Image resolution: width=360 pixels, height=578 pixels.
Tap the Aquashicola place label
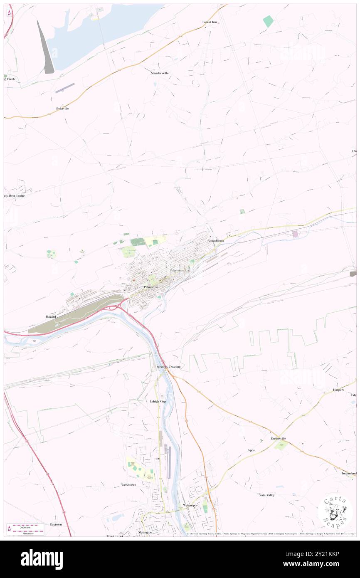(216, 241)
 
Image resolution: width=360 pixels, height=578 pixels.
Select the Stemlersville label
(160, 73)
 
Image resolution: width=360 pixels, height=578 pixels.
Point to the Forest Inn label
(210, 22)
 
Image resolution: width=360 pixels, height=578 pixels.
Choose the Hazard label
(50, 316)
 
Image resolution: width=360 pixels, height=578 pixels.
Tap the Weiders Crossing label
(168, 367)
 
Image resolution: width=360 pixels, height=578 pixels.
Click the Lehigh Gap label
(158, 401)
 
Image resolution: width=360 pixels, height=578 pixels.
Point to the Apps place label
(251, 450)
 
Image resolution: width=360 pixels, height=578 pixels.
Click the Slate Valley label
(266, 495)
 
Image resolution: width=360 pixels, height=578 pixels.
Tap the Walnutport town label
(191, 505)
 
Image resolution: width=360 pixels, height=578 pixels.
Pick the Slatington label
(145, 532)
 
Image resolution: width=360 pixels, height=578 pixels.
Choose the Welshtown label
(128, 485)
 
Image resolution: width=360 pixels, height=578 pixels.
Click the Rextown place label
(55, 524)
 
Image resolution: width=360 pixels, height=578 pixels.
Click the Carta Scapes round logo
(335, 512)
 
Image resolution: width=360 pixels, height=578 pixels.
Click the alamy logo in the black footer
(42, 559)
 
